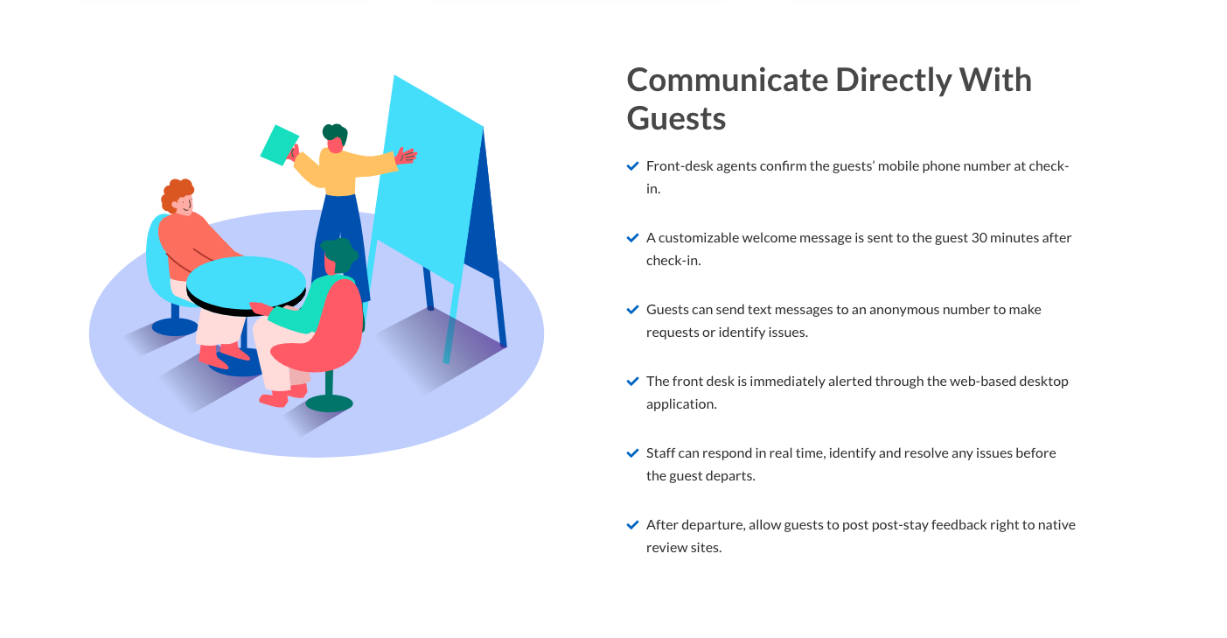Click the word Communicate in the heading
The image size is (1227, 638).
(x=727, y=80)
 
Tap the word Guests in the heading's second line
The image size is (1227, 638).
(x=676, y=118)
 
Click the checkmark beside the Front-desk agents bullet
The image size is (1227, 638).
(x=632, y=166)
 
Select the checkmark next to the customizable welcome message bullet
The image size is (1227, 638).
(x=632, y=238)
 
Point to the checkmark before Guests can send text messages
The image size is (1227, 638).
(x=632, y=310)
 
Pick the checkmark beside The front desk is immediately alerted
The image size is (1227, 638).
(x=632, y=382)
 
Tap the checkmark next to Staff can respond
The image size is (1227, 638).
(x=632, y=453)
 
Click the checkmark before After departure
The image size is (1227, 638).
(x=632, y=525)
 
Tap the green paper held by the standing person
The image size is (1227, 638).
(x=279, y=144)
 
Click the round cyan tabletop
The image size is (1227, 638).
(x=246, y=284)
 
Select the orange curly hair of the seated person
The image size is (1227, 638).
(x=177, y=194)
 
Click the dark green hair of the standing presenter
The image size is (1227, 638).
(x=335, y=134)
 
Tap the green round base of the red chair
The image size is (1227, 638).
(x=329, y=403)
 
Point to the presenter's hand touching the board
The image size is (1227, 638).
(x=406, y=156)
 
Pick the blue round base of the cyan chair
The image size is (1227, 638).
(x=175, y=327)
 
